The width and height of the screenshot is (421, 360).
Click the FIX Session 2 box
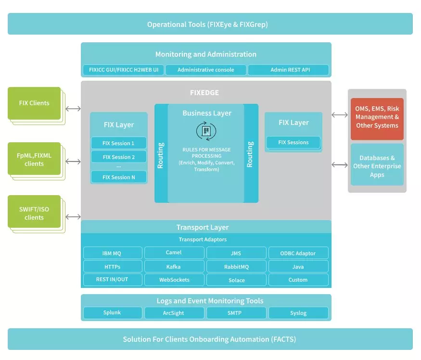tap(119, 157)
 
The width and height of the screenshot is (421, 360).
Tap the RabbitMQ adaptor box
tap(236, 266)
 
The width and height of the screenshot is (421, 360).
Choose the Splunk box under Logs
tap(113, 313)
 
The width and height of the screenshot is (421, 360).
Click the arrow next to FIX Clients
tap(73, 109)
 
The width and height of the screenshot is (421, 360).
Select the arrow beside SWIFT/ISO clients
tap(73, 216)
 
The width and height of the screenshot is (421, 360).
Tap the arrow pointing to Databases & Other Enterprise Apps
tap(340, 165)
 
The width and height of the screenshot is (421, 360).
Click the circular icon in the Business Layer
tap(206, 131)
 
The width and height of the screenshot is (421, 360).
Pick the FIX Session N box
tap(119, 177)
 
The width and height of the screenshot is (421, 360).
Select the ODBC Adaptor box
tap(298, 253)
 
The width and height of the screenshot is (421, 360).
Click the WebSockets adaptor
tap(174, 280)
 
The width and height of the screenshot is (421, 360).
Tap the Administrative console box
tap(206, 70)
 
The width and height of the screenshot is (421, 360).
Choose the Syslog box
tap(298, 313)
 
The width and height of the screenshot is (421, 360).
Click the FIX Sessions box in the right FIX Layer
tap(293, 142)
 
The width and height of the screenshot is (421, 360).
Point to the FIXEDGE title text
tap(204, 93)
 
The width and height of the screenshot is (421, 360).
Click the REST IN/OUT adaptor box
tap(113, 280)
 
